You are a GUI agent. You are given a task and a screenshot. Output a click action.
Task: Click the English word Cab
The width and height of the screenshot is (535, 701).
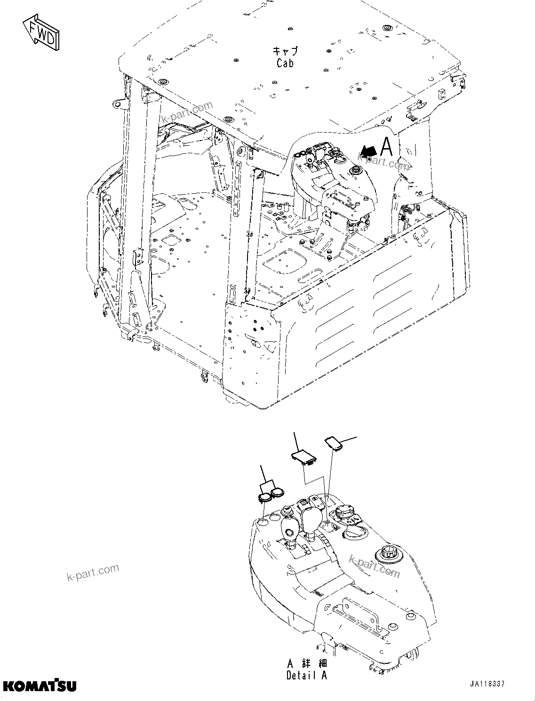(285, 63)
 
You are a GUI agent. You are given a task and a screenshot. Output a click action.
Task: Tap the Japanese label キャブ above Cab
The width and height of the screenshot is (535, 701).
(285, 50)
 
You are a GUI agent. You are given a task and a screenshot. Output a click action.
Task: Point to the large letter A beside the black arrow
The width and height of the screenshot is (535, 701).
(386, 146)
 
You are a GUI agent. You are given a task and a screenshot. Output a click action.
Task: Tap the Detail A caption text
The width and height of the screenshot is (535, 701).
(306, 675)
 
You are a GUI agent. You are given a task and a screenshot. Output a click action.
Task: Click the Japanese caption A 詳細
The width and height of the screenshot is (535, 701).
(306, 663)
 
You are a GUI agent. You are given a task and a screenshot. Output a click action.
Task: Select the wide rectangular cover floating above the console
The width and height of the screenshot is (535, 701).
(304, 457)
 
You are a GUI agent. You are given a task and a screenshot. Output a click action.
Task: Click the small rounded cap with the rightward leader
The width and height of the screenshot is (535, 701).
(333, 443)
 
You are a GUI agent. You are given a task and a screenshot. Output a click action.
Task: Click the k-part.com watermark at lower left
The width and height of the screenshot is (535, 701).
(93, 573)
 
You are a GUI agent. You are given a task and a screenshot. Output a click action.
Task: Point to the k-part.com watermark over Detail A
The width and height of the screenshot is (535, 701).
(375, 566)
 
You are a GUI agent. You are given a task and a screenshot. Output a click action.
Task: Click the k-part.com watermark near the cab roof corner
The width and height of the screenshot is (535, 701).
(186, 112)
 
